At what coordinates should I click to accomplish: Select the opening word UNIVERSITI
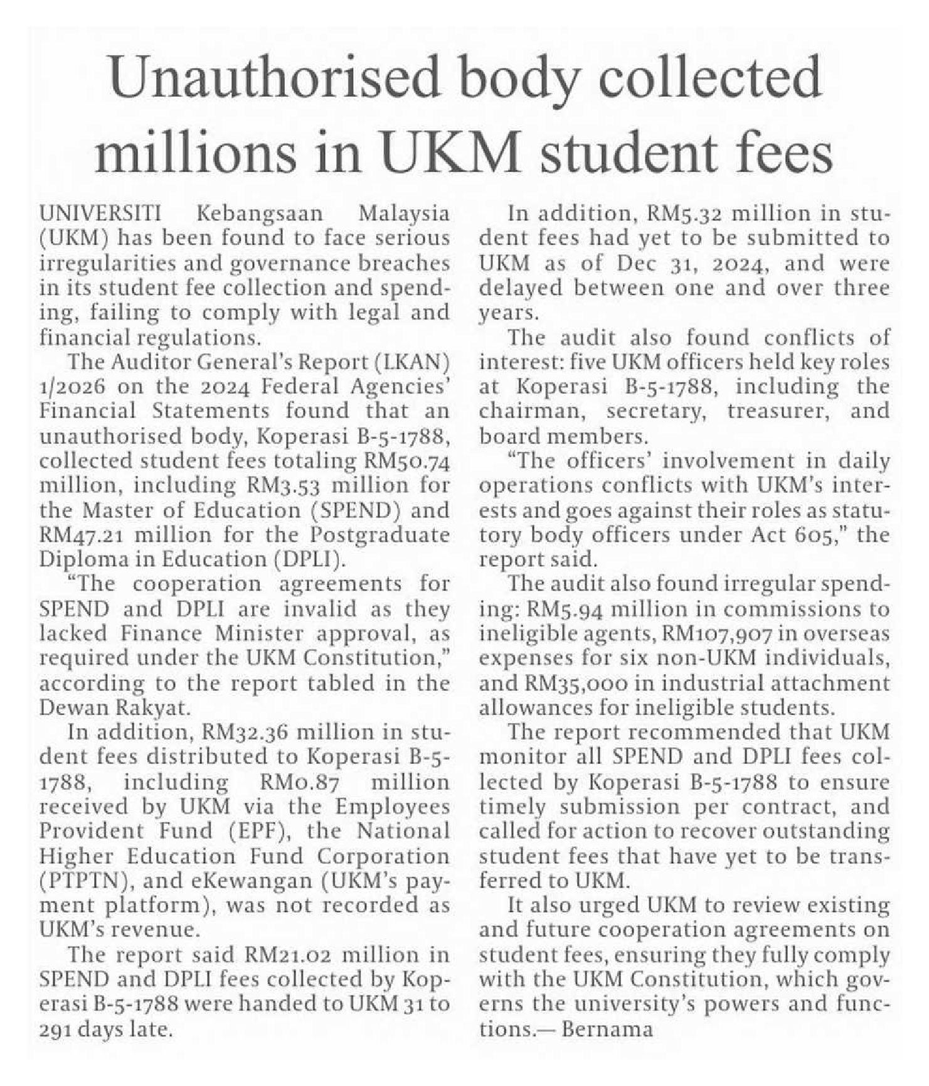(x=100, y=213)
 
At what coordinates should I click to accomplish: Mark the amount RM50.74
(x=407, y=461)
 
